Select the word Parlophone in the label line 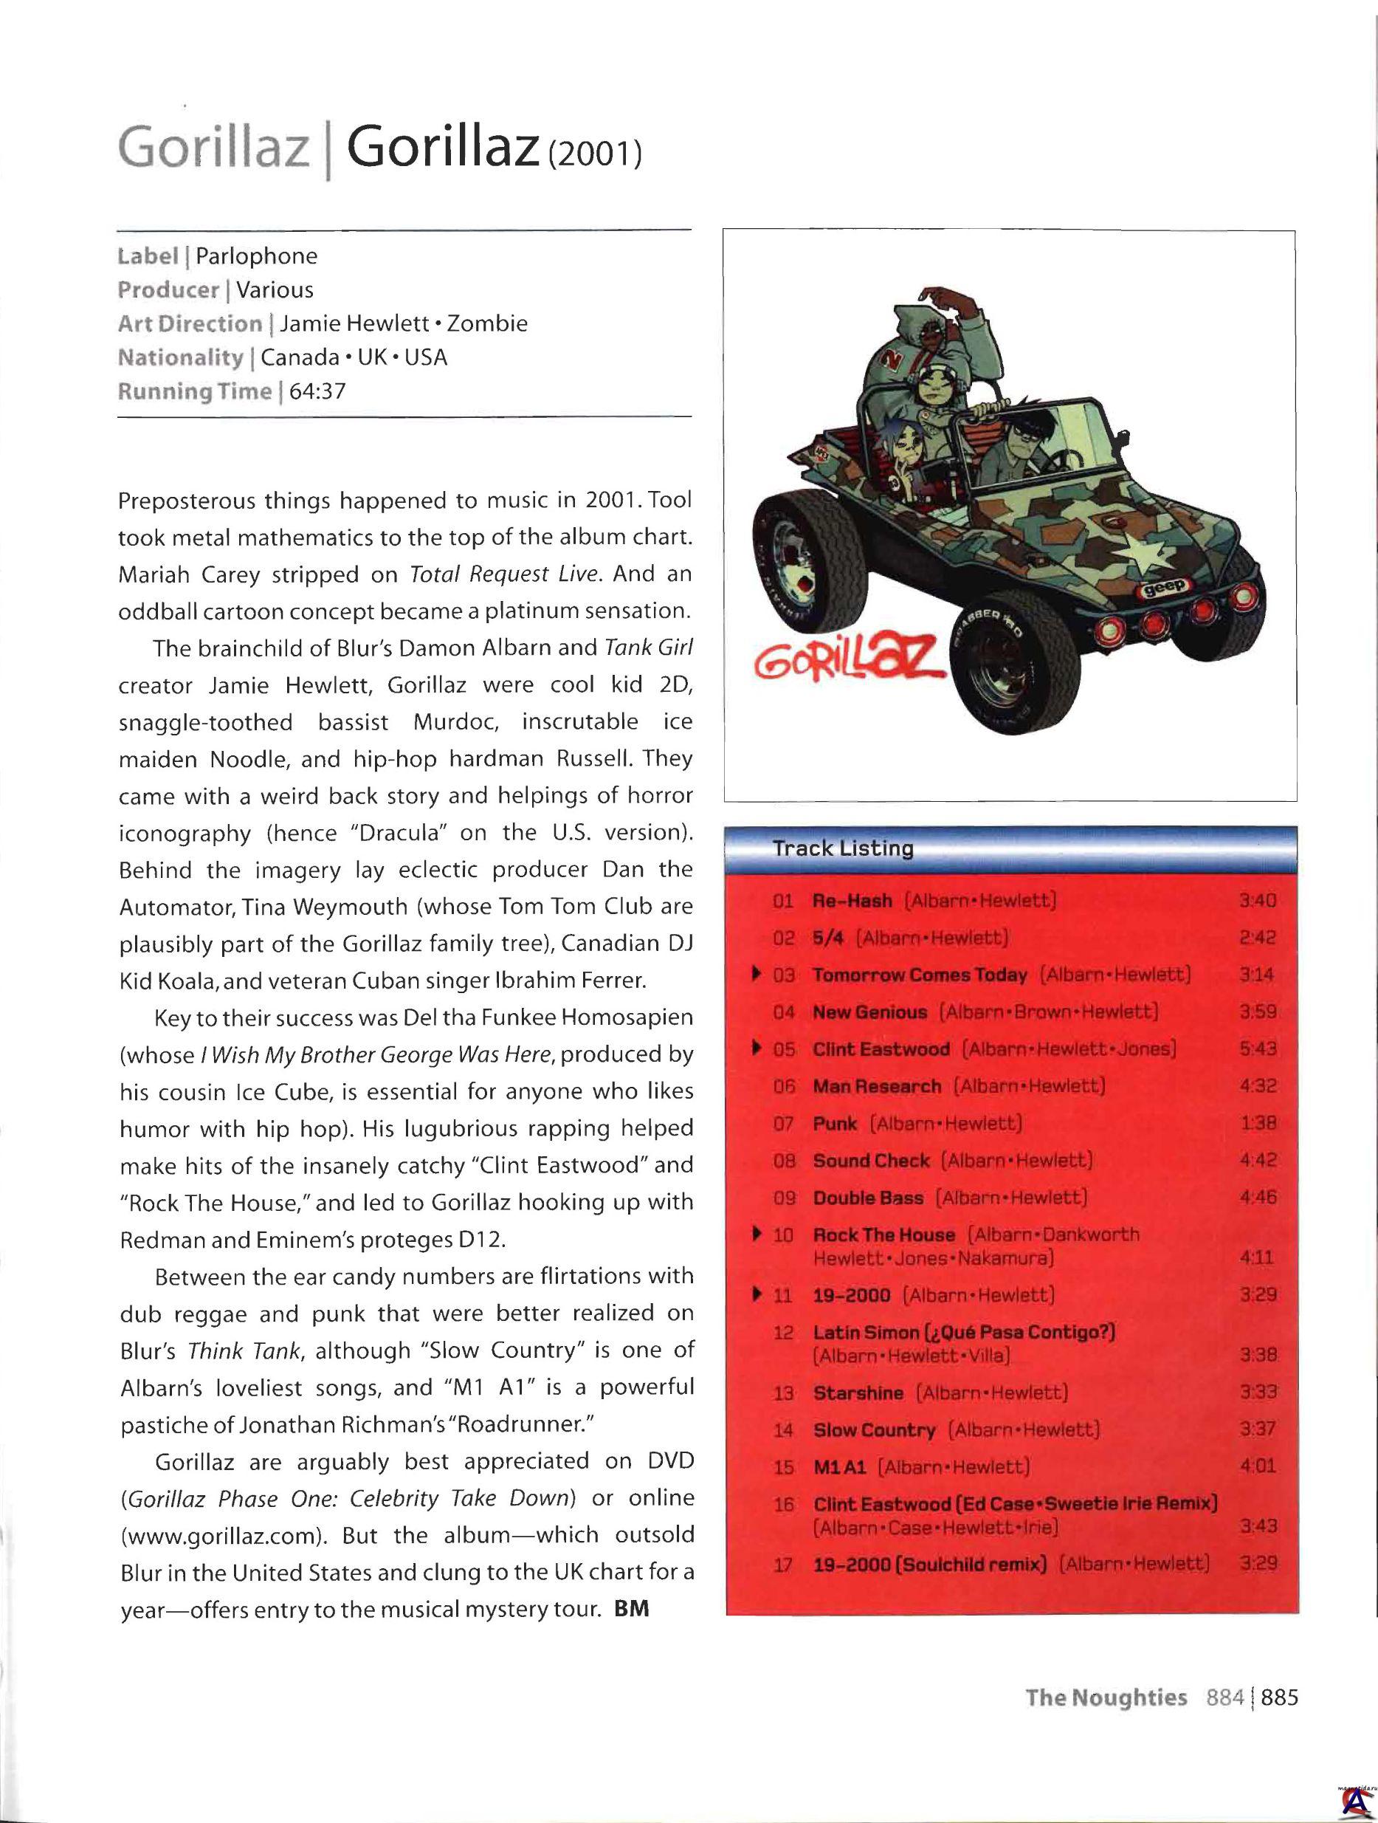[256, 256]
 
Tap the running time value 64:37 [317, 391]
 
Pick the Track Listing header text [843, 849]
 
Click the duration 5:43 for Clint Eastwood [1257, 1049]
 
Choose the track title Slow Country [874, 1431]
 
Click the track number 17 [782, 1565]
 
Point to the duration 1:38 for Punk [1257, 1123]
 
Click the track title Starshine [858, 1393]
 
